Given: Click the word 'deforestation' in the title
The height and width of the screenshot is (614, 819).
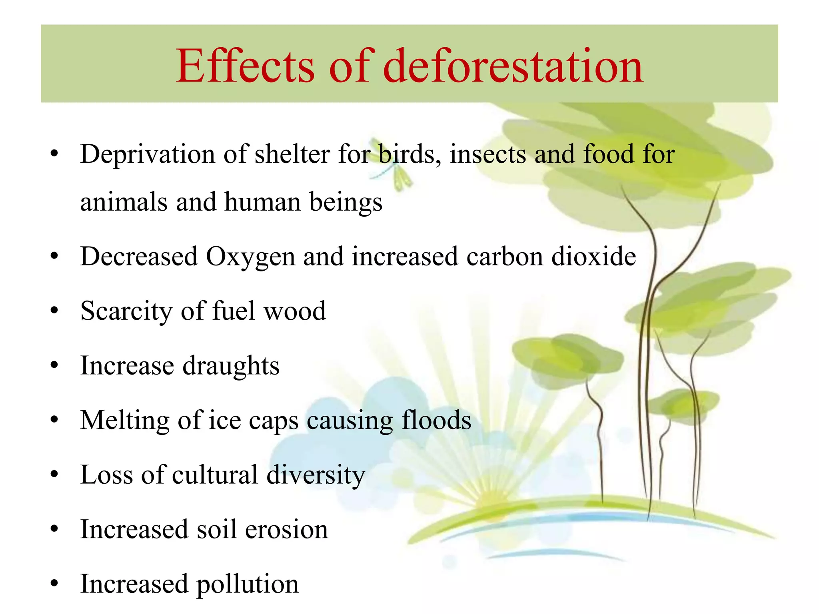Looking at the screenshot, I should point(513,66).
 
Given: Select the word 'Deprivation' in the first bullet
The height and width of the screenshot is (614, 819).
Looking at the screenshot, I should point(148,155).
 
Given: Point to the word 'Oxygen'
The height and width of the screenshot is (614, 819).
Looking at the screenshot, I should point(250,257).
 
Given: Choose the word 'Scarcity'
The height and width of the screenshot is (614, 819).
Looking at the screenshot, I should point(126,311).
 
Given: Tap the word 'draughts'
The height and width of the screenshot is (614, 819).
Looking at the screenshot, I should point(231,366).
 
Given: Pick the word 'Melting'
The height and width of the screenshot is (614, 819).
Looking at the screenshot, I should point(124,421).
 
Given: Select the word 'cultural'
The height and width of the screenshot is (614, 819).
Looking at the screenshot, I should point(215,475).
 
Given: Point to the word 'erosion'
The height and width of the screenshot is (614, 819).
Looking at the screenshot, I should point(286,530).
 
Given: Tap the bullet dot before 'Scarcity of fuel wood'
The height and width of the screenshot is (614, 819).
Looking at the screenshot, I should point(54,311).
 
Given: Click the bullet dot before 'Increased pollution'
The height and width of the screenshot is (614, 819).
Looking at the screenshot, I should point(54,584).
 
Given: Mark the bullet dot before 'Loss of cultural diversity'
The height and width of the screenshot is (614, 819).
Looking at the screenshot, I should point(54,474).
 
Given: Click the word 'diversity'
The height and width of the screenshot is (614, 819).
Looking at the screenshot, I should point(316,475).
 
